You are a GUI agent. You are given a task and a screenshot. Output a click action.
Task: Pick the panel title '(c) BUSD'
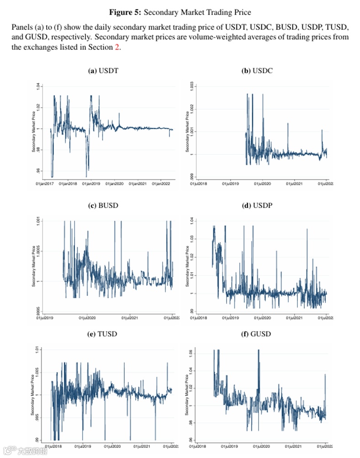coord(103,205)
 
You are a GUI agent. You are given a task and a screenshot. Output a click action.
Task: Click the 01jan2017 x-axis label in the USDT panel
coord(44,184)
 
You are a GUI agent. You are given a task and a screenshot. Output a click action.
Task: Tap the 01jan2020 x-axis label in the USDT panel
coord(114,184)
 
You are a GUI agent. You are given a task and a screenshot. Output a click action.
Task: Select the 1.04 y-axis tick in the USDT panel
coord(38,86)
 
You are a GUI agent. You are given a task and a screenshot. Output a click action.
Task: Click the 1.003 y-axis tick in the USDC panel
coord(191,87)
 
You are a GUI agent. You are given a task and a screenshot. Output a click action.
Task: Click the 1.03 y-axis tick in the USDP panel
coord(191,239)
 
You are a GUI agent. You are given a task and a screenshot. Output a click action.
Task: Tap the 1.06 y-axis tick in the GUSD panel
coord(191,354)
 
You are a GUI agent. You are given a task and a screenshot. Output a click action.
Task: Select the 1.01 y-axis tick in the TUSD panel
coord(38,350)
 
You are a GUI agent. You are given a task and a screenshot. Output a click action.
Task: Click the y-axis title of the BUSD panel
coord(33,266)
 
